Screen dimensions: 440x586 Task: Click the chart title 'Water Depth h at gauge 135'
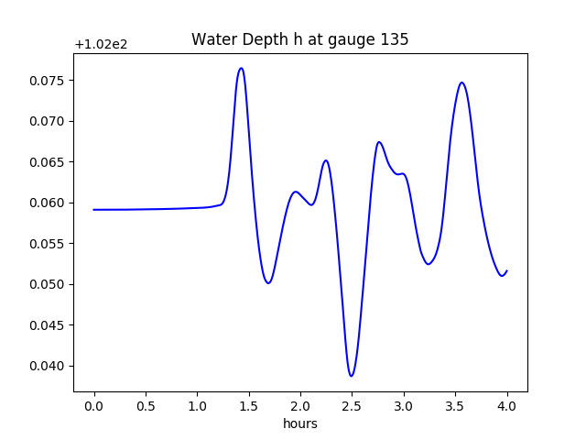[299, 40]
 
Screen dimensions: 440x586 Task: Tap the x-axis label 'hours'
[299, 424]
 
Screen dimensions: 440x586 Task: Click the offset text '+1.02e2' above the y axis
[101, 44]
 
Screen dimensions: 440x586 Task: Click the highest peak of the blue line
[241, 68]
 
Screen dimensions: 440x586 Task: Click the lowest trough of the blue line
[351, 376]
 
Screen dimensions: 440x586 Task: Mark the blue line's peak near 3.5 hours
[461, 82]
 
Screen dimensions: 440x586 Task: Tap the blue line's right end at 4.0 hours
[506, 270]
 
